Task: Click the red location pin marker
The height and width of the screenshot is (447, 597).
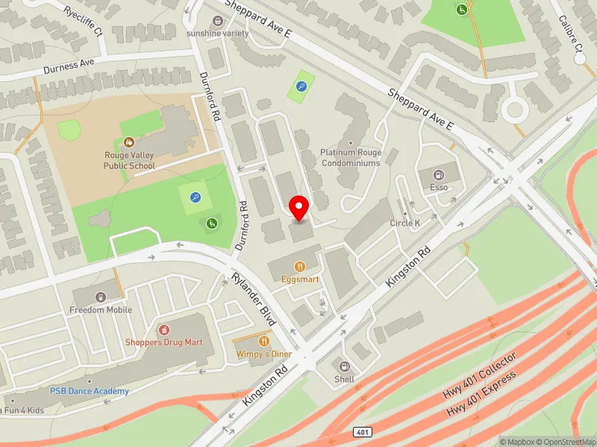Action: (299, 206)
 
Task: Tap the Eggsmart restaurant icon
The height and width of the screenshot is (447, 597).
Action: (300, 266)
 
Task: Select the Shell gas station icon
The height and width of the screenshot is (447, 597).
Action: (344, 366)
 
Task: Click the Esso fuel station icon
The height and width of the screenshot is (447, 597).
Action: (439, 174)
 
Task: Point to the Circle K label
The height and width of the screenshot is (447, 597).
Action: (405, 223)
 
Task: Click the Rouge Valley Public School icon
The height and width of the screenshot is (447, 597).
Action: (129, 141)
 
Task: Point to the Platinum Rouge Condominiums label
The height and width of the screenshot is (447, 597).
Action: (351, 157)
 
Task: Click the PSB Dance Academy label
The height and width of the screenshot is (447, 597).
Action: (90, 391)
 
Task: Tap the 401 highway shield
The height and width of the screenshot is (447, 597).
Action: (360, 432)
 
